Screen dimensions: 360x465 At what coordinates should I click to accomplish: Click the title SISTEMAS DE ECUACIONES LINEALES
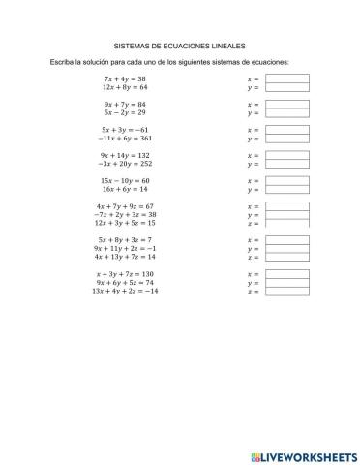[x=180, y=45]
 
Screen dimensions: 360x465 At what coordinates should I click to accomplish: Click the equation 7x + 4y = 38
[x=125, y=77]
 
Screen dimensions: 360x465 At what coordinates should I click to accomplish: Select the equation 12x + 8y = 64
[x=125, y=86]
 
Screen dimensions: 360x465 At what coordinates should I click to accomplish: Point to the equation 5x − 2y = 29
[x=125, y=112]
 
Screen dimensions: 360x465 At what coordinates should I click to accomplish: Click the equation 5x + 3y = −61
[x=125, y=129]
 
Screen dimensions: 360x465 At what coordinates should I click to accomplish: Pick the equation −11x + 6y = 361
[x=125, y=138]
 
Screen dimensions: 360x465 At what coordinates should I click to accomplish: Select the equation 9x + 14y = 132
[x=125, y=155]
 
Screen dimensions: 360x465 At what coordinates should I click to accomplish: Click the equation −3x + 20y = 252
[x=125, y=164]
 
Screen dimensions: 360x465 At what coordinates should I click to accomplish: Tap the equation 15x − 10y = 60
[x=125, y=181]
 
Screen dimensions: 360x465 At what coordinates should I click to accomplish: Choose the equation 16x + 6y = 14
[x=125, y=190]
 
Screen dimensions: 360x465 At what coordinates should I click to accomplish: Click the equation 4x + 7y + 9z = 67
[x=126, y=206]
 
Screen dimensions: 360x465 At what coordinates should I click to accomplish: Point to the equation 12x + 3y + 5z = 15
[x=126, y=223]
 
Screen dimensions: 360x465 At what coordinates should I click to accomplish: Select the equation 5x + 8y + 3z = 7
[x=126, y=239]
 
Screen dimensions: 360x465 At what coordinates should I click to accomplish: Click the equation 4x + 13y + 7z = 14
[x=126, y=257]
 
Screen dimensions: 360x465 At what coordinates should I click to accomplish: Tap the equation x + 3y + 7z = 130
[x=126, y=273]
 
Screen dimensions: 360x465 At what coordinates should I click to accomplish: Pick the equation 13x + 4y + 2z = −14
[x=126, y=291]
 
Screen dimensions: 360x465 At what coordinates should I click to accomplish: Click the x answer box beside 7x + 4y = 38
[x=286, y=77]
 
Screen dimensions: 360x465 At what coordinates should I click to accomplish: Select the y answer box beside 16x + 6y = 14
[x=286, y=190]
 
